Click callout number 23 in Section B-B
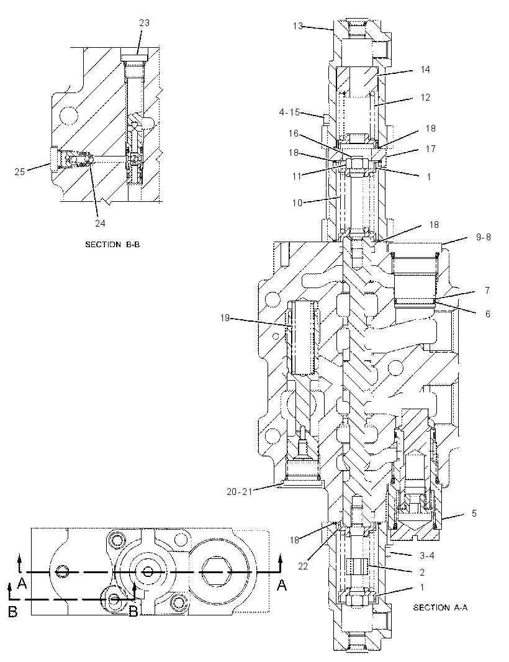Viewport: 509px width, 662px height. coord(145,23)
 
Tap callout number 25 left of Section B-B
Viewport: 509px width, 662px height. coord(19,172)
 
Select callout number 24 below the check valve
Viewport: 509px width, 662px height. coord(100,224)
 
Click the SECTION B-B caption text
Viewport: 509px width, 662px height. coord(112,245)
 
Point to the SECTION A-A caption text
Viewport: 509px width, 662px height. coord(440,607)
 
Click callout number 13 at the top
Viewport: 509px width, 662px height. coord(298,26)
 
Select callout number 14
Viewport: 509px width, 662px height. coord(425,69)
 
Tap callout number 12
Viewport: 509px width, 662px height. coord(425,97)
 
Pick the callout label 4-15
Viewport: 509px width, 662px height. coord(289,112)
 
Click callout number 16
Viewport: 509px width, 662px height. coord(294,134)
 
